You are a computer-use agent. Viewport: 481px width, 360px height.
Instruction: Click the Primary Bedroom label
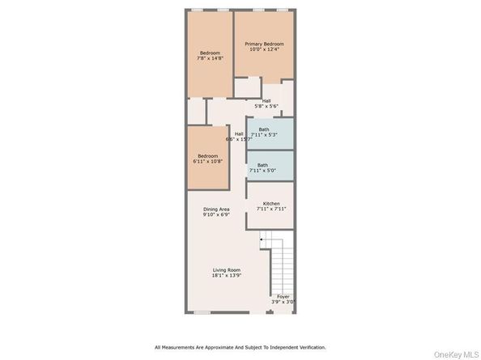click(264, 44)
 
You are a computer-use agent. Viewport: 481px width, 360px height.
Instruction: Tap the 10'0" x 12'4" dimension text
click(264, 50)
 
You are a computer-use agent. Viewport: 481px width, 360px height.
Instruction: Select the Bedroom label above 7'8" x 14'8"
click(210, 53)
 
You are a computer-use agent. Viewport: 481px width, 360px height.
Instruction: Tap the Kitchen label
click(270, 203)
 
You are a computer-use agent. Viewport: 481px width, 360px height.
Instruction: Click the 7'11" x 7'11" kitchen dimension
click(270, 209)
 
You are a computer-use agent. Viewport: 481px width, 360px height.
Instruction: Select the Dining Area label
click(216, 210)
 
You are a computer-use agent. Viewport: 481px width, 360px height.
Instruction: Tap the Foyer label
click(283, 296)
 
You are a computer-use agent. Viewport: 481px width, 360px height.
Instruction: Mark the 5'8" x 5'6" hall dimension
click(266, 106)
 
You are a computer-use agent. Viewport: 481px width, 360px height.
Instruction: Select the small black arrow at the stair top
click(261, 240)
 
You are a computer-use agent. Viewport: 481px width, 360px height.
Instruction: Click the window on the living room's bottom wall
click(202, 311)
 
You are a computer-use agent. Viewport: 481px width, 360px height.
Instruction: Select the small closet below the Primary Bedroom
click(247, 87)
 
